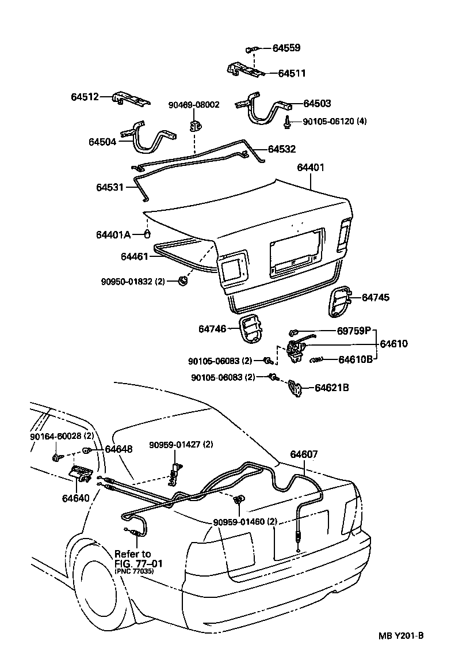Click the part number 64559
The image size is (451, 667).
tap(286, 48)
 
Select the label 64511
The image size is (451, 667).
tap(292, 74)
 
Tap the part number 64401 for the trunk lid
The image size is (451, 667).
tap(311, 168)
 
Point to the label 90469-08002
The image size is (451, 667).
tap(194, 105)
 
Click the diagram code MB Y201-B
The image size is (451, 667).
tap(401, 636)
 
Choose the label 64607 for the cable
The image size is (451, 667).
tap(303, 454)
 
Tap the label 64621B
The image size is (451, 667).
tap(331, 388)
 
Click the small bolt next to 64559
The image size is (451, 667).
tap(252, 50)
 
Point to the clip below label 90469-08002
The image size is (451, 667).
tap(197, 125)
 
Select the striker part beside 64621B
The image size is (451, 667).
tap(296, 389)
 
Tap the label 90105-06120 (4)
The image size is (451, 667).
tap(334, 122)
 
